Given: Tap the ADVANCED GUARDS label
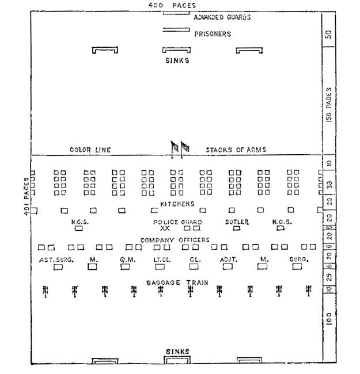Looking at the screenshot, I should click(x=222, y=17).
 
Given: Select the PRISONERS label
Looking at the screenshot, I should click(x=213, y=34).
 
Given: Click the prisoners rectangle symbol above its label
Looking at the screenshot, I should click(x=176, y=29).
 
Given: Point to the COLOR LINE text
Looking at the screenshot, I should click(x=90, y=150).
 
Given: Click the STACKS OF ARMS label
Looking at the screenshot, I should click(x=236, y=150).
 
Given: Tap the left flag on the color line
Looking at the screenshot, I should click(x=175, y=147).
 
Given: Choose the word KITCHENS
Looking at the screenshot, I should click(x=177, y=204).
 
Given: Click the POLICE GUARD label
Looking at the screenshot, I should click(x=177, y=222).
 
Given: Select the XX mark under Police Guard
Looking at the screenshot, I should click(x=165, y=228).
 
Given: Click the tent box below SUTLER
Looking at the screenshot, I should click(x=236, y=228).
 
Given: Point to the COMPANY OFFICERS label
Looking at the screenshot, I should click(x=175, y=240).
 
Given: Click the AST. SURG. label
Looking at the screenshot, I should click(x=56, y=259).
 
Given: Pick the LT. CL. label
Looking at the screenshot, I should click(x=161, y=259).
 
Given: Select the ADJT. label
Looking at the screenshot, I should click(x=229, y=259).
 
